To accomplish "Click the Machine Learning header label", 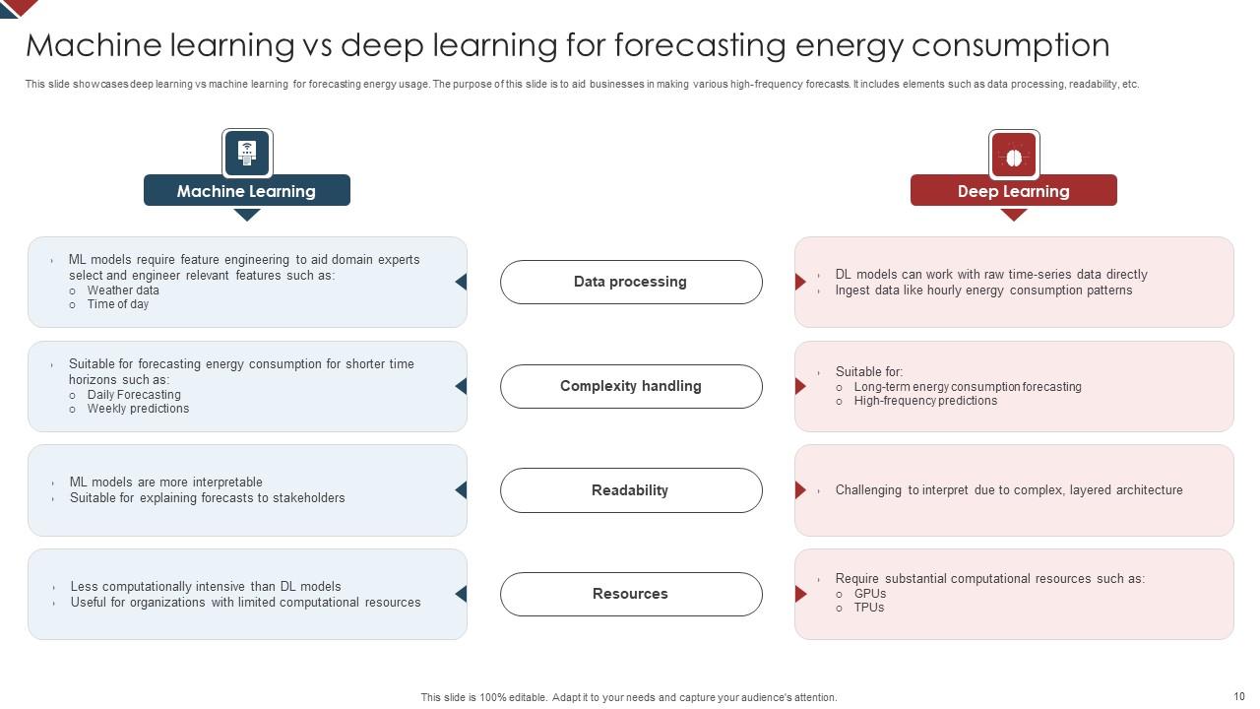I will pyautogui.click(x=246, y=191).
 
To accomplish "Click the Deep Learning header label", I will pyautogui.click(x=1013, y=191).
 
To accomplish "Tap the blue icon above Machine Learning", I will pyautogui.click(x=247, y=154).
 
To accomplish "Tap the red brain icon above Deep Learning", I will pyautogui.click(x=1014, y=155).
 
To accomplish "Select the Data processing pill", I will pyautogui.click(x=630, y=282).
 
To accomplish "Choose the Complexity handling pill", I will pyautogui.click(x=630, y=386).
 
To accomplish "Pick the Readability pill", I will pyautogui.click(x=630, y=490).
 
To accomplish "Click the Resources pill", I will pyautogui.click(x=630, y=594).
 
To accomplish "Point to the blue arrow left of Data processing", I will pyautogui.click(x=461, y=282).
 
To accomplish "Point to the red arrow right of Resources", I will pyautogui.click(x=800, y=594).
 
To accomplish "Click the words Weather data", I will pyautogui.click(x=123, y=290).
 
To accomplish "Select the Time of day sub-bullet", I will pyautogui.click(x=118, y=304).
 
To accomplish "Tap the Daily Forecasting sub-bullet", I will pyautogui.click(x=134, y=395).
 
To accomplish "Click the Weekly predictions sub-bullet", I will pyautogui.click(x=138, y=409).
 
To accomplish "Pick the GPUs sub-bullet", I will pyautogui.click(x=870, y=594).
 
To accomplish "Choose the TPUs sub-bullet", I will pyautogui.click(x=869, y=608).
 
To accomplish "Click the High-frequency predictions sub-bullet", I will pyautogui.click(x=925, y=401).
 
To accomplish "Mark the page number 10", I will pyautogui.click(x=1239, y=696).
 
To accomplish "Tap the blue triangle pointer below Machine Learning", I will pyautogui.click(x=247, y=214).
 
